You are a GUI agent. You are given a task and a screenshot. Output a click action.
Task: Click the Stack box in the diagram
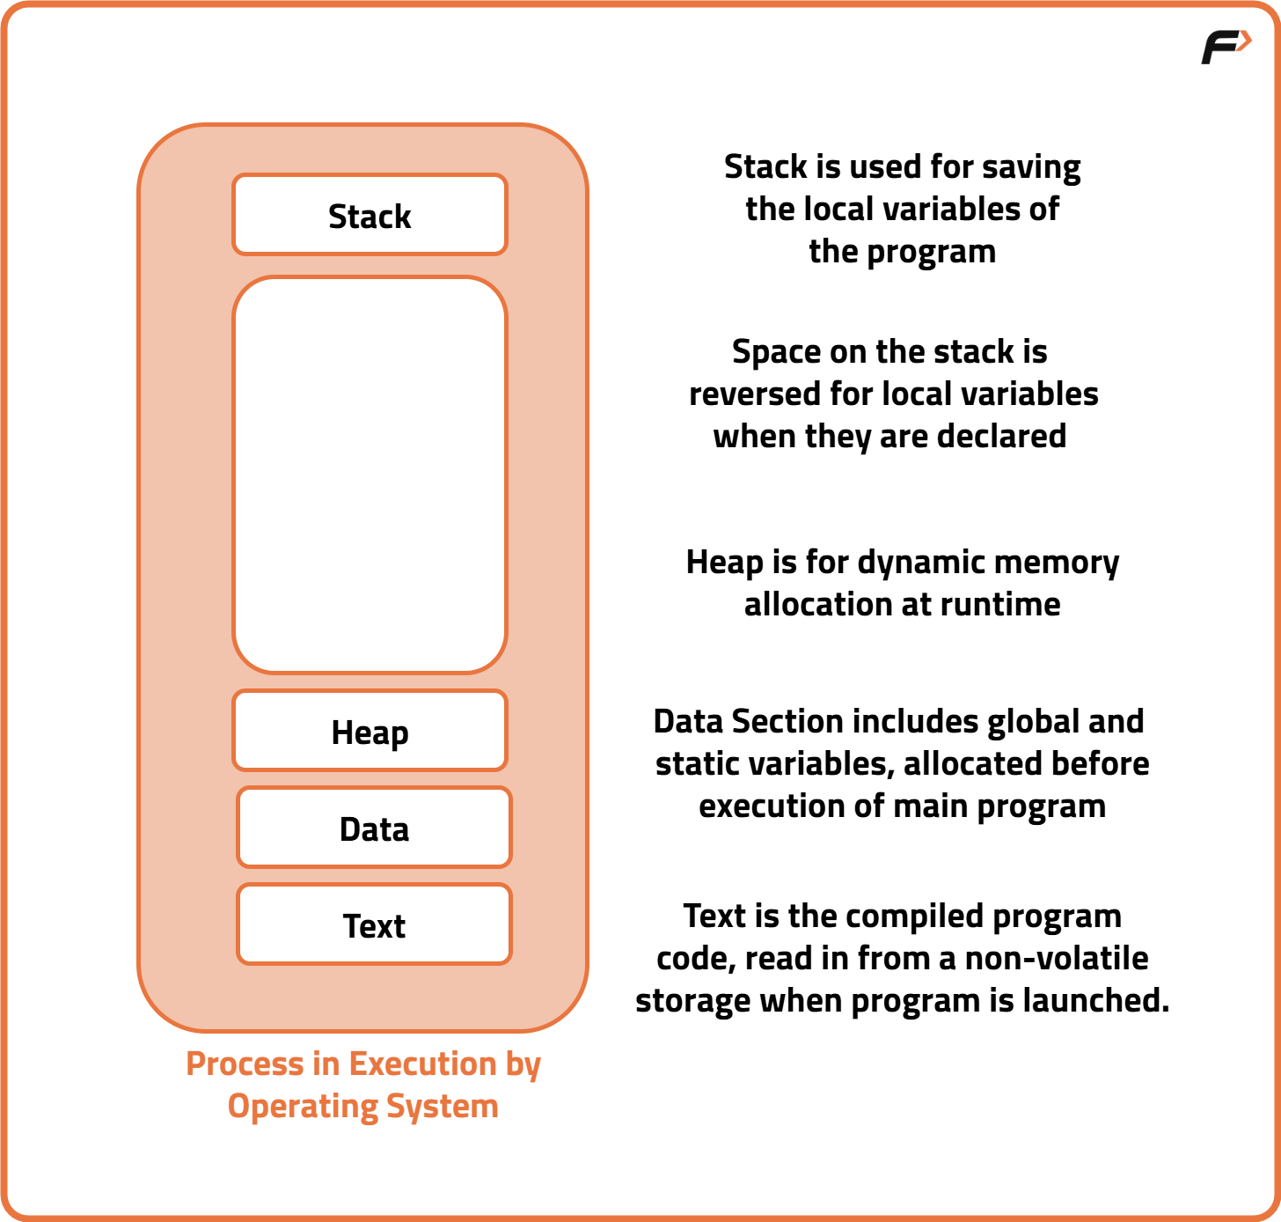pos(370,216)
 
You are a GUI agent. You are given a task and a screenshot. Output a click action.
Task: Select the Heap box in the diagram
pos(370,732)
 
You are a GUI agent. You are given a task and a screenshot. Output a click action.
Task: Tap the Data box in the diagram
pos(374,828)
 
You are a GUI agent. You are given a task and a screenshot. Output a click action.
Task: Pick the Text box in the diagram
pos(374,925)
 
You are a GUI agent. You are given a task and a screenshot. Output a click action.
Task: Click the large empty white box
pos(370,475)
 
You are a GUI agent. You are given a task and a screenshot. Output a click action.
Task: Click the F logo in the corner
pos(1226,46)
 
